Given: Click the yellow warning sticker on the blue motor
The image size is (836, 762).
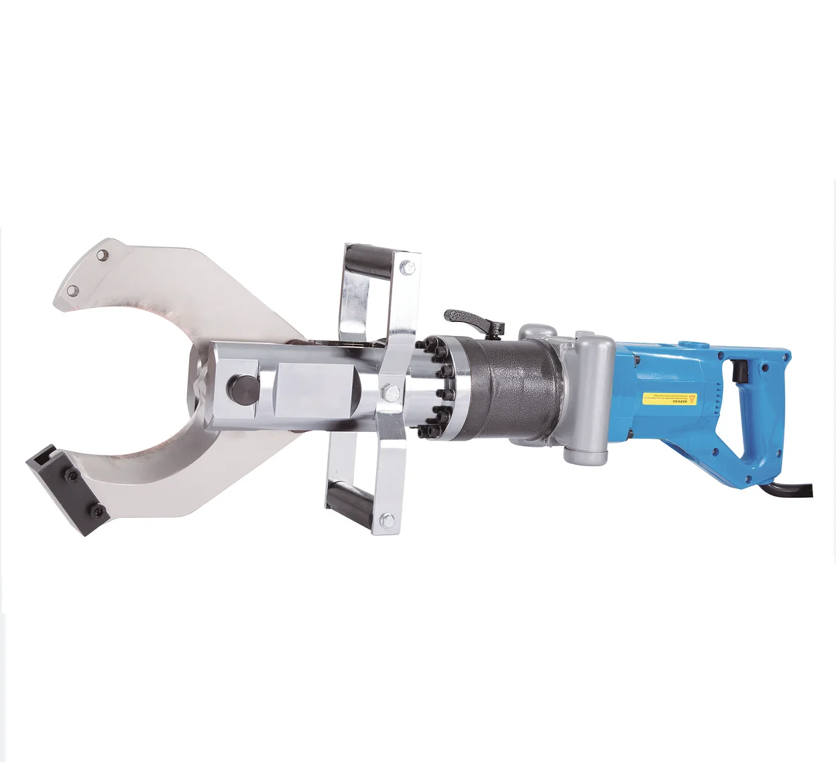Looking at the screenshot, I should [x=669, y=398].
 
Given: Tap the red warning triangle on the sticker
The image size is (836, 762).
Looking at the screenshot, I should [x=692, y=399].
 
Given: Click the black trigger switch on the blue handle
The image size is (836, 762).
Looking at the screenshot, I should [x=741, y=369].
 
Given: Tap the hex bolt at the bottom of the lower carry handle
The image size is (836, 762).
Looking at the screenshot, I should [x=386, y=518].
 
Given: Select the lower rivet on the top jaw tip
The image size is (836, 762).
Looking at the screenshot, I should [x=73, y=290].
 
